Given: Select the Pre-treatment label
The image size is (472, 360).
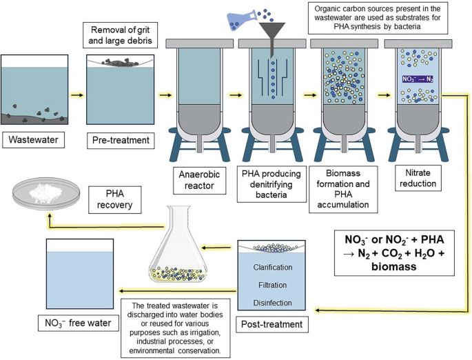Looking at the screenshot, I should (121, 141).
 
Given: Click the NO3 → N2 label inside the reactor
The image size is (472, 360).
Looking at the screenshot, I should (418, 79).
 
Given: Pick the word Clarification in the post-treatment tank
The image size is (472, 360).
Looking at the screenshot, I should (272, 266).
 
